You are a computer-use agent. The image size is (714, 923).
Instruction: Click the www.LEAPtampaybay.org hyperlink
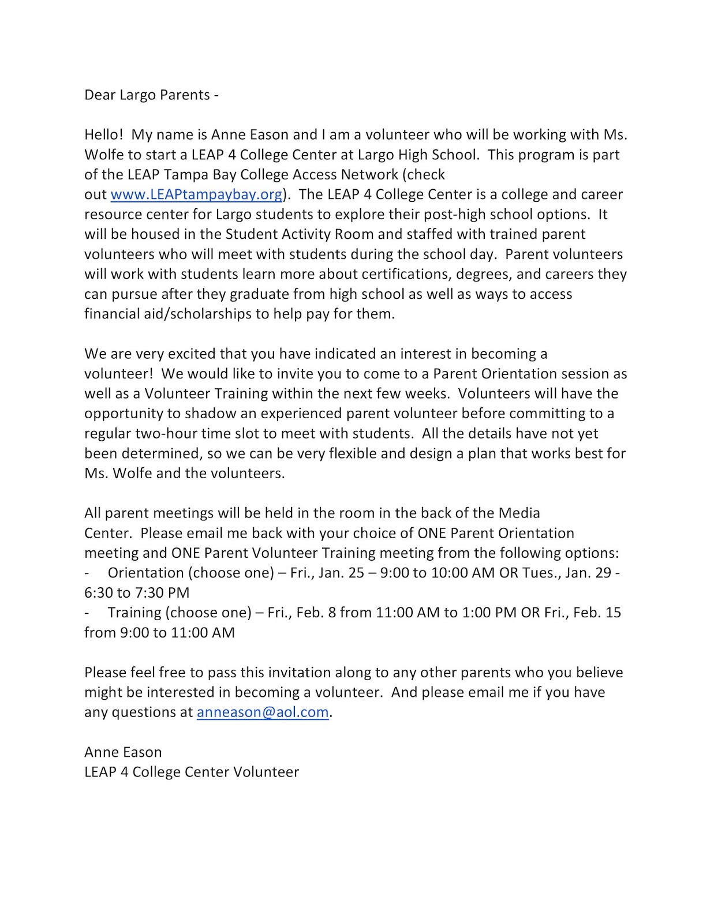point(196,194)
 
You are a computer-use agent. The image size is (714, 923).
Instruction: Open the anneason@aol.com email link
point(263,712)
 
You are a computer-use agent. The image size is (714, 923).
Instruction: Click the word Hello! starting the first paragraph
point(104,135)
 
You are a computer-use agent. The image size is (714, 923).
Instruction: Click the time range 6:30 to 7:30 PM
point(137,593)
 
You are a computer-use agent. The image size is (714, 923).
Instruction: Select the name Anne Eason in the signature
point(123,752)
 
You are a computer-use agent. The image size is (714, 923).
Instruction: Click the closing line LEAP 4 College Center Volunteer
point(192,772)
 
